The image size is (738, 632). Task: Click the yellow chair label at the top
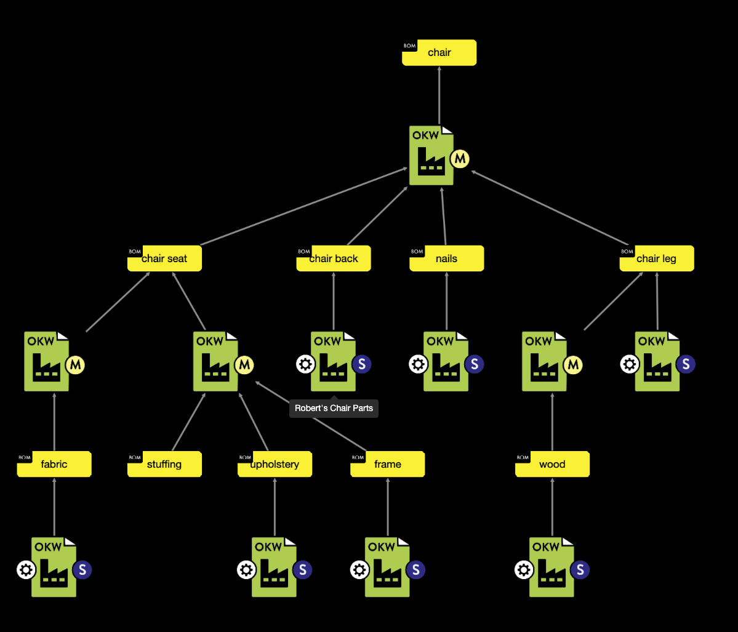[439, 53]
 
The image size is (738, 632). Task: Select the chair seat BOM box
[164, 258]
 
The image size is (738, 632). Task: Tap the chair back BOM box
[333, 258]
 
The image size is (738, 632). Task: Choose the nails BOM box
[446, 258]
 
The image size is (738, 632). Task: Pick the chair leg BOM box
[656, 258]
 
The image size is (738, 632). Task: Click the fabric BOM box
[54, 464]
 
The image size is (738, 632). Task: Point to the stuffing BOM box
[164, 464]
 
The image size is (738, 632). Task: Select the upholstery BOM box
[275, 464]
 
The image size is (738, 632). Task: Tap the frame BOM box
[387, 464]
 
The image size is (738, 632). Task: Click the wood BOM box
[552, 464]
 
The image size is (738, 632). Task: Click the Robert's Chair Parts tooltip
[334, 408]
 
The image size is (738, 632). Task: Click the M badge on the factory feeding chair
[459, 159]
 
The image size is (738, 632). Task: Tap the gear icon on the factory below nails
[418, 364]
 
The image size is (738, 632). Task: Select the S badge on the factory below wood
[580, 570]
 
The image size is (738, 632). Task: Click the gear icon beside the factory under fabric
[26, 570]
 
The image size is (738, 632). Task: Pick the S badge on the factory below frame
[415, 570]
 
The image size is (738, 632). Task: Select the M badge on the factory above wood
[573, 365]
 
